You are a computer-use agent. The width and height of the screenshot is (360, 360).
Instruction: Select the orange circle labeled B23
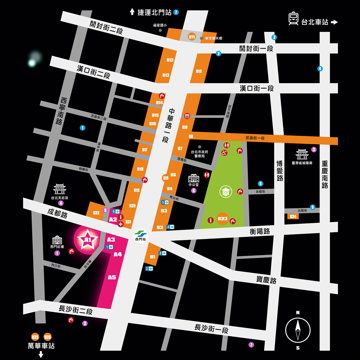click(223, 219)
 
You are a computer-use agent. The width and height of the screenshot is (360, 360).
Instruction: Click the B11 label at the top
click(192, 37)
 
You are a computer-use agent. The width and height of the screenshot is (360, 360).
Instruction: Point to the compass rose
click(298, 330)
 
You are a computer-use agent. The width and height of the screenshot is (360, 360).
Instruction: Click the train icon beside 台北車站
click(293, 19)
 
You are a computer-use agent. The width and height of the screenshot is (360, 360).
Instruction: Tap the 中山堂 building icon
click(193, 178)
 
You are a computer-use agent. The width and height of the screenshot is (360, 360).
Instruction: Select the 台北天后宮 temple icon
click(59, 189)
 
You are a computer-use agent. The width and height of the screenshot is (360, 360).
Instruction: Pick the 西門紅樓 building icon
click(57, 240)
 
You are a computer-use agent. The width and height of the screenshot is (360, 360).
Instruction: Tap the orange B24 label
click(293, 216)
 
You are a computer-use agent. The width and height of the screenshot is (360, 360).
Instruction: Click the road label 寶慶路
click(266, 280)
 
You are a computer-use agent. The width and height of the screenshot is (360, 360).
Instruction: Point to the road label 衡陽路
click(260, 231)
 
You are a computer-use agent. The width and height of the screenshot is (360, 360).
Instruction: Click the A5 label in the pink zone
click(112, 277)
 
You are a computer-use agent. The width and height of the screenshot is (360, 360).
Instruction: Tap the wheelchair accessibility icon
click(224, 153)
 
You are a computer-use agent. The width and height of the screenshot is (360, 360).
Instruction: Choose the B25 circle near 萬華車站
click(35, 337)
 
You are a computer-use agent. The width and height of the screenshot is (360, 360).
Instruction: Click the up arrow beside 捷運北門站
click(132, 12)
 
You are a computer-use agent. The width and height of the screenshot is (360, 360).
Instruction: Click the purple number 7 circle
click(251, 345)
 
